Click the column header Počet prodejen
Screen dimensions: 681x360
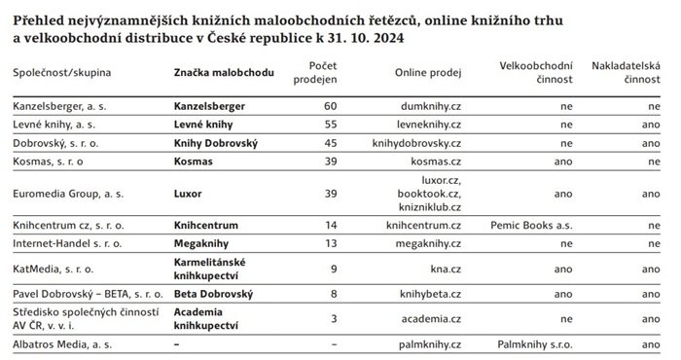pyautogui.click(x=314, y=71)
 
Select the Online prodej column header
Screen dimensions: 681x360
pyautogui.click(x=427, y=73)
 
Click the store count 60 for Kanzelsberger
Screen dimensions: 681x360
pyautogui.click(x=330, y=105)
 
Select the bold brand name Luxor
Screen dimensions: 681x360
pyautogui.click(x=189, y=193)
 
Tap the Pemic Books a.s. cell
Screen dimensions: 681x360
pyautogui.click(x=531, y=226)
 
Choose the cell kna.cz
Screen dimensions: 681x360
pyautogui.click(x=444, y=268)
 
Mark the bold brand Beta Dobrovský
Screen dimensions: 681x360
pyautogui.click(x=213, y=293)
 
